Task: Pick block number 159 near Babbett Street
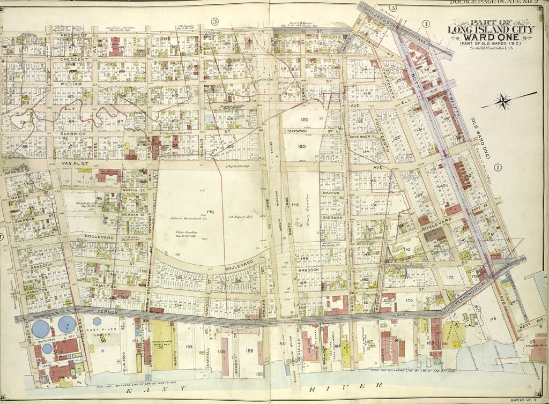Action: [249, 351]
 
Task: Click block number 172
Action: [450, 277]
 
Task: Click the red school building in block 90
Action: [115, 47]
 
